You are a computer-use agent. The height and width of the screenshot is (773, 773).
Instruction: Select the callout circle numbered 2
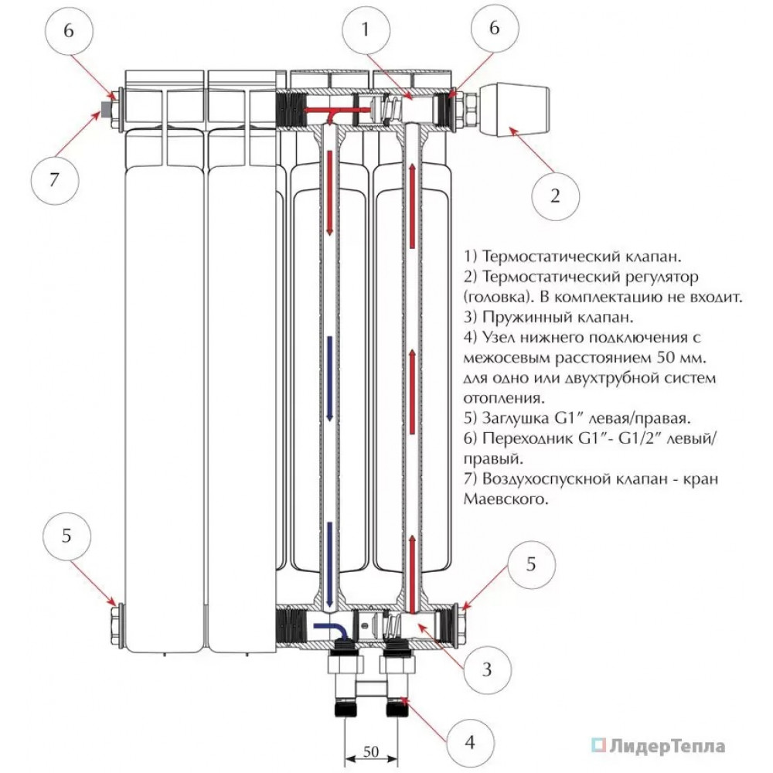coord(555,195)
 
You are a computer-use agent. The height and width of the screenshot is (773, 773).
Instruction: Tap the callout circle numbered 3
coord(487,669)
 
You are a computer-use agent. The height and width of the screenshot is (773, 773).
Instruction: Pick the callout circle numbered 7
coord(54,181)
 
